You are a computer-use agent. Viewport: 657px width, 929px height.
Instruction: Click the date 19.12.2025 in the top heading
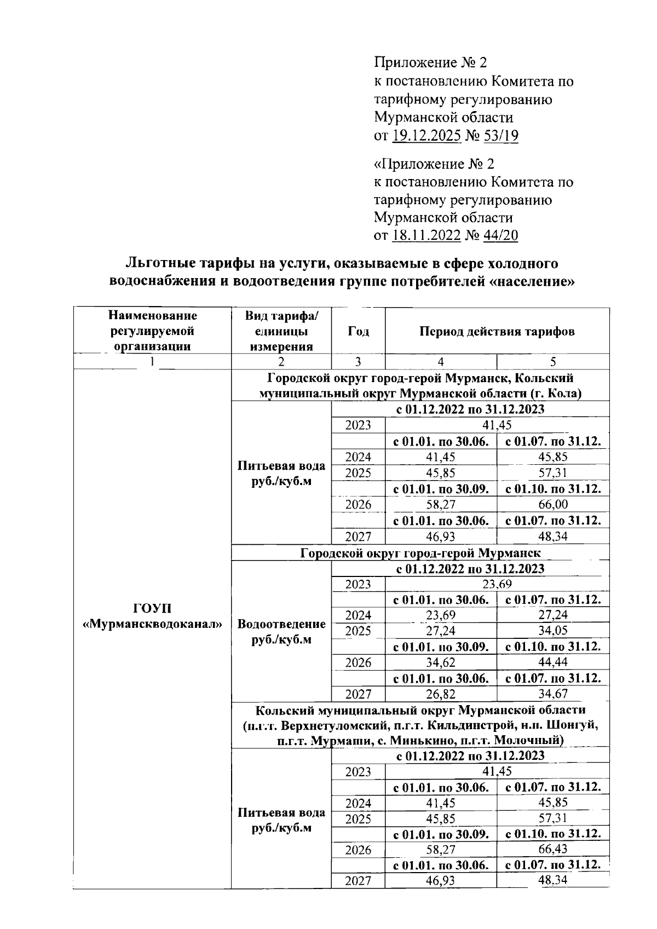[427, 136]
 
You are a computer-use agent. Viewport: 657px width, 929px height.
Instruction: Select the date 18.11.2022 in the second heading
[427, 235]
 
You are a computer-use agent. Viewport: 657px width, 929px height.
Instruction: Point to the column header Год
[358, 332]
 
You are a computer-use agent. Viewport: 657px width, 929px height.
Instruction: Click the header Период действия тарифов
[497, 332]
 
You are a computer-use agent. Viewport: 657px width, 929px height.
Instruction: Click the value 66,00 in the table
[553, 504]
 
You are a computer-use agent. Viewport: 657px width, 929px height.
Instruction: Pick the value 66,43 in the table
[553, 850]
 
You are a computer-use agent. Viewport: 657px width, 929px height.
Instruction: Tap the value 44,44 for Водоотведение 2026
[553, 662]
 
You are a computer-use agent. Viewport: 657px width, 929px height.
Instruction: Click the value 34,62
[441, 662]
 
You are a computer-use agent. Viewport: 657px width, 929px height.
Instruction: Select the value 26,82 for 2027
[441, 694]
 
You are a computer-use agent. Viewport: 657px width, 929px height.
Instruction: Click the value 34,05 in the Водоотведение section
[553, 631]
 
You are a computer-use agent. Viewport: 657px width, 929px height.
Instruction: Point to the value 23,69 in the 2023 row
[497, 584]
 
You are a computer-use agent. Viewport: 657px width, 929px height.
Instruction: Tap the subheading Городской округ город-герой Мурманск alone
[420, 553]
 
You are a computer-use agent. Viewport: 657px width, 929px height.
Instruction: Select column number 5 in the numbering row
[553, 361]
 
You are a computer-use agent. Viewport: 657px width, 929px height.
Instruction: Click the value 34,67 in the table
[553, 694]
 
